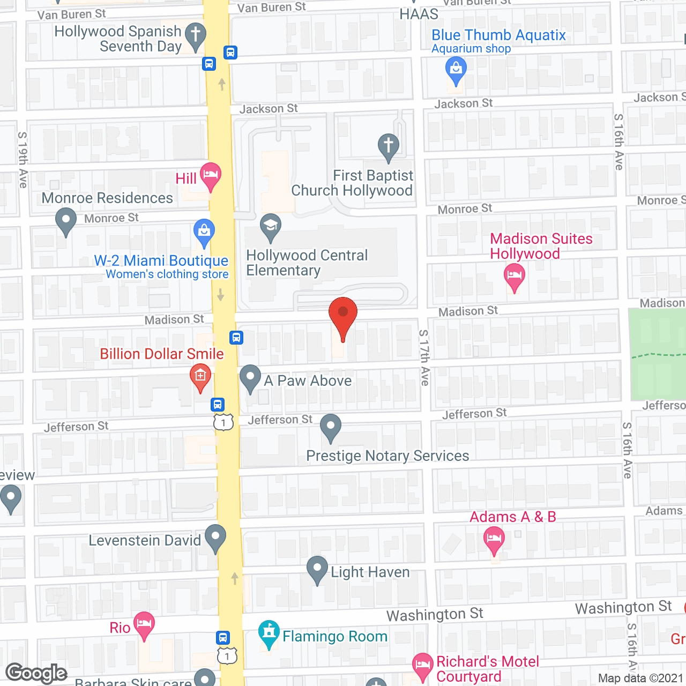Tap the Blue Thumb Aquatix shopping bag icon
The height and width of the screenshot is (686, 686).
tap(456, 70)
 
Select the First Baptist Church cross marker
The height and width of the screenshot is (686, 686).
tap(389, 146)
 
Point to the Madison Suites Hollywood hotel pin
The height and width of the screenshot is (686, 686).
tap(514, 277)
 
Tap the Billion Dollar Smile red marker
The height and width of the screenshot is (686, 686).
tap(200, 376)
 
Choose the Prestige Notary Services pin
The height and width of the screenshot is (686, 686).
tap(331, 427)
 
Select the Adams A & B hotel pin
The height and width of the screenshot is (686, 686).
tap(494, 539)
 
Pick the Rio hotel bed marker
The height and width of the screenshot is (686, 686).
tap(144, 624)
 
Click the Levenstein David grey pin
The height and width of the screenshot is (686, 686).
tap(215, 536)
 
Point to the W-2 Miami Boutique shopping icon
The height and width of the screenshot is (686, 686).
tap(204, 232)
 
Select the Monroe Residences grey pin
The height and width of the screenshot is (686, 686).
tap(66, 221)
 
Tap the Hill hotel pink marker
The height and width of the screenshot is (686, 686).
tap(211, 175)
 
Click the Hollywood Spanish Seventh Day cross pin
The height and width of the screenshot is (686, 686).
tap(196, 36)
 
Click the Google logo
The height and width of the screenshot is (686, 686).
tap(36, 673)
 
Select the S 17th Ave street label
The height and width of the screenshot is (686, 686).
tap(424, 357)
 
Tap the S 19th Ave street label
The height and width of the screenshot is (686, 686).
tap(23, 160)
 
